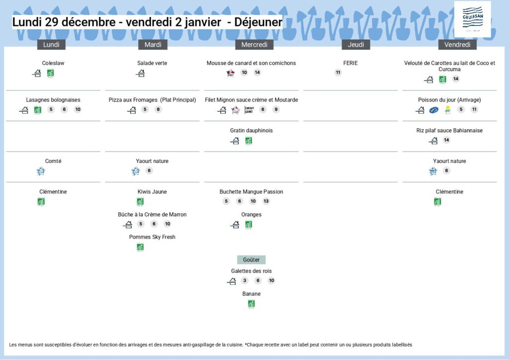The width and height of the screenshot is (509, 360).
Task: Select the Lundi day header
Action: (51, 45)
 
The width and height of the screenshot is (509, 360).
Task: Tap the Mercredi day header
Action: (254, 45)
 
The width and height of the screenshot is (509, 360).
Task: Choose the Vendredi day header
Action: (457, 45)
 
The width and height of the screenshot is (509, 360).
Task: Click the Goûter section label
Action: (252, 260)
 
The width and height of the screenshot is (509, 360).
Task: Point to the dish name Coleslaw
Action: (53, 63)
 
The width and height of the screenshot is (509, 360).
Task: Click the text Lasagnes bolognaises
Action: (53, 100)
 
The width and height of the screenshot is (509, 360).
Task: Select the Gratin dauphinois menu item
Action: (252, 131)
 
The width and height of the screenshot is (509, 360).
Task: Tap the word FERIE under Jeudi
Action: (350, 63)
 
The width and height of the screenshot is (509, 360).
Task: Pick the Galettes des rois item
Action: (252, 271)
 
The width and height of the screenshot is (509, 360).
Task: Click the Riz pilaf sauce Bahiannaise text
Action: (449, 131)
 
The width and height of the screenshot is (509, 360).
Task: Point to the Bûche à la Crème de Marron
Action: (152, 214)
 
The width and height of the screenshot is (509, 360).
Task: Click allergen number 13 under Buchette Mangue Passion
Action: (266, 201)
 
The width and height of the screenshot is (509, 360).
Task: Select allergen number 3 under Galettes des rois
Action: (245, 280)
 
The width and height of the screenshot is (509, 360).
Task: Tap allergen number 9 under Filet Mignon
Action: (276, 110)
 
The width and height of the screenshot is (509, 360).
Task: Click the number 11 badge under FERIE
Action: (338, 73)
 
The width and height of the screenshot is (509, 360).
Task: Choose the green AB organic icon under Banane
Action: (252, 304)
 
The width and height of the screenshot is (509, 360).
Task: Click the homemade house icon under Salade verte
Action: (141, 73)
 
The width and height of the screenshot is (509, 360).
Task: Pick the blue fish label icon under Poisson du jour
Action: (434, 110)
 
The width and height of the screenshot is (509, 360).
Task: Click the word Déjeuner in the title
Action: (258, 22)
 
